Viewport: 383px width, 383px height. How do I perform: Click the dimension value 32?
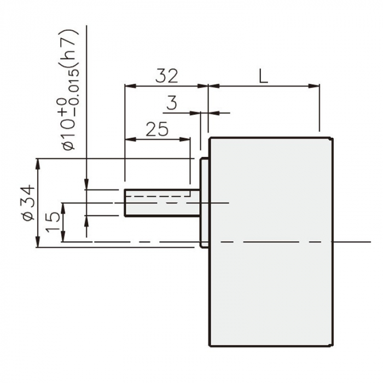(x=166, y=76)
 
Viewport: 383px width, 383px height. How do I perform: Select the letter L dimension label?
(x=264, y=76)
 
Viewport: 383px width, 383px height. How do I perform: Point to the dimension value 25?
(x=157, y=129)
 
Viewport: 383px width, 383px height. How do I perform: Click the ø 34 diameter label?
(x=27, y=203)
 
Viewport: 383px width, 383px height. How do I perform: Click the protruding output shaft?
(x=161, y=203)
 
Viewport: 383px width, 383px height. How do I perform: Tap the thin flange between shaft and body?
(x=204, y=202)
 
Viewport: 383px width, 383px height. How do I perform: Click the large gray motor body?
(x=271, y=241)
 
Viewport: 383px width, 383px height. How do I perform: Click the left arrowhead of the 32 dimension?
(x=129, y=85)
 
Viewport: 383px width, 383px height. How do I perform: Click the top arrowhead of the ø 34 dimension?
(x=38, y=162)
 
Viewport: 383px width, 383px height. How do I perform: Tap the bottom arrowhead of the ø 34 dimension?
(x=38, y=244)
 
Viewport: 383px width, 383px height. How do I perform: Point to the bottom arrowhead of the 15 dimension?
(x=63, y=238)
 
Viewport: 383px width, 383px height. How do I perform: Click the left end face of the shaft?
(x=125, y=203)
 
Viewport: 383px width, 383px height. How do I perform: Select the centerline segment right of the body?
(x=353, y=241)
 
